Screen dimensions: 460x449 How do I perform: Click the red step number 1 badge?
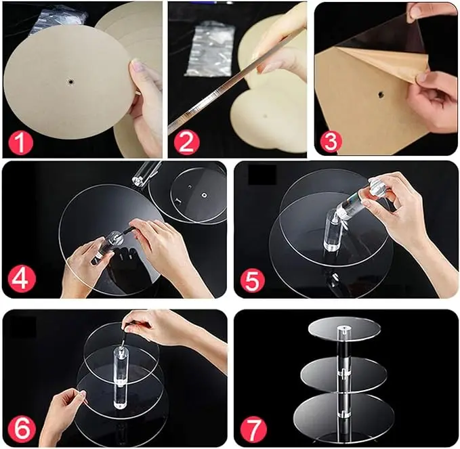pyautogui.click(x=20, y=144)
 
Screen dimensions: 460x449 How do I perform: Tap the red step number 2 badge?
pyautogui.click(x=186, y=143)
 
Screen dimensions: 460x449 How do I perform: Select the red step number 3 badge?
pyautogui.click(x=330, y=141)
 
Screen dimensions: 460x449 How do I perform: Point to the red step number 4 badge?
pyautogui.click(x=22, y=280)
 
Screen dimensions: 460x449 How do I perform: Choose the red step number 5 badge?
pyautogui.click(x=252, y=280)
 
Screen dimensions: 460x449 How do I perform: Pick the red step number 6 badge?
pyautogui.click(x=22, y=429)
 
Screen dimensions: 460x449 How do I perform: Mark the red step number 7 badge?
pyautogui.click(x=253, y=430)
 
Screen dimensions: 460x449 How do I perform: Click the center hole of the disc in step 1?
pyautogui.click(x=70, y=82)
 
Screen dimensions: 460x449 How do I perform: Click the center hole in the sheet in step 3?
pyautogui.click(x=381, y=95)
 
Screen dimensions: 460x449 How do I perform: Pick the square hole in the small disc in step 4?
pyautogui.click(x=203, y=195)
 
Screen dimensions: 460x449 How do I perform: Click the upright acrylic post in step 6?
pyautogui.click(x=121, y=377)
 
